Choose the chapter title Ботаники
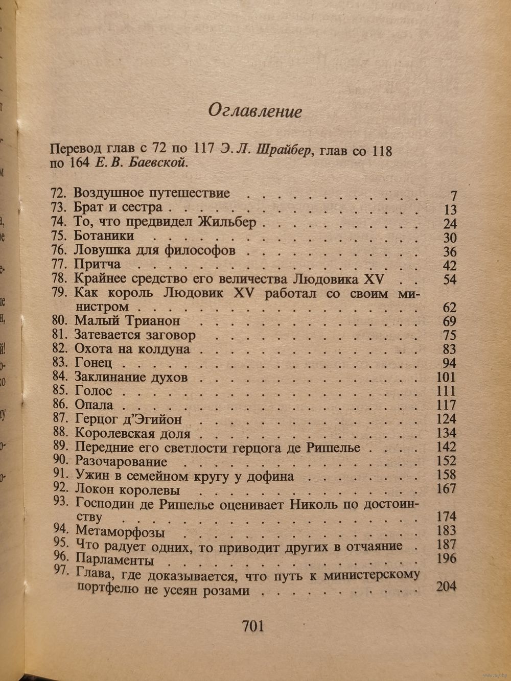pos(104,236)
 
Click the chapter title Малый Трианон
pos(127,321)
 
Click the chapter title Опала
pos(94,405)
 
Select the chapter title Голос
pos(93,391)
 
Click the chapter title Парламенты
pos(114,560)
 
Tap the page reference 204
pos(446,587)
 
